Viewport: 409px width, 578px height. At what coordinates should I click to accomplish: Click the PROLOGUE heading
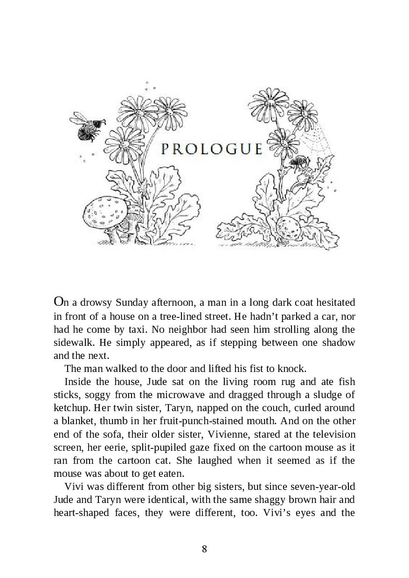point(211,149)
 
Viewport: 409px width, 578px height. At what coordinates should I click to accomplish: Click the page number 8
point(204,549)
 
